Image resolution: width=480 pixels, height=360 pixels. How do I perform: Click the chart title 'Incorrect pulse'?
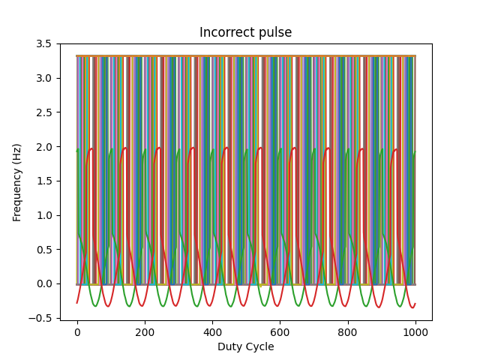click(245, 32)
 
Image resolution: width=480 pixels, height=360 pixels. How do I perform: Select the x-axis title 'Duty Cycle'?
click(245, 346)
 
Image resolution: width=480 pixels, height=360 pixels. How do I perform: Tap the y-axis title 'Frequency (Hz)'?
click(16, 182)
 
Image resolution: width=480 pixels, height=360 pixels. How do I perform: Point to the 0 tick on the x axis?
click(76, 331)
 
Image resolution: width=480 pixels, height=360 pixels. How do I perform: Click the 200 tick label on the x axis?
click(145, 331)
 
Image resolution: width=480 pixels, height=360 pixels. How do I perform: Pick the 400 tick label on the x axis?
click(212, 331)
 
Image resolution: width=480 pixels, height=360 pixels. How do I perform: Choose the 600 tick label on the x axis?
click(280, 331)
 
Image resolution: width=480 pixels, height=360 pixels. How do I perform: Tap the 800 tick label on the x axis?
click(348, 331)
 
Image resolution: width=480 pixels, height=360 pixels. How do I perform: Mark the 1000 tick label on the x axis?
click(415, 331)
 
